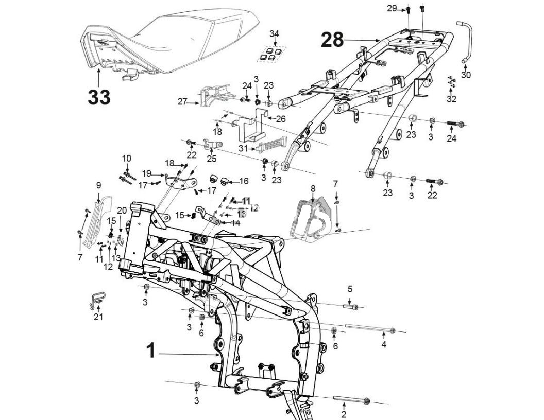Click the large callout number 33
point(98,96)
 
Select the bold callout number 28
point(332,40)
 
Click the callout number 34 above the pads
point(275,34)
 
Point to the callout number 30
point(466,75)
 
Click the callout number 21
point(98,317)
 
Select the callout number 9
point(98,185)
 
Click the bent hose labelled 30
point(467,41)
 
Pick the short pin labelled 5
point(350,307)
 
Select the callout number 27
point(182,102)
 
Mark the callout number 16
point(244,181)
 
